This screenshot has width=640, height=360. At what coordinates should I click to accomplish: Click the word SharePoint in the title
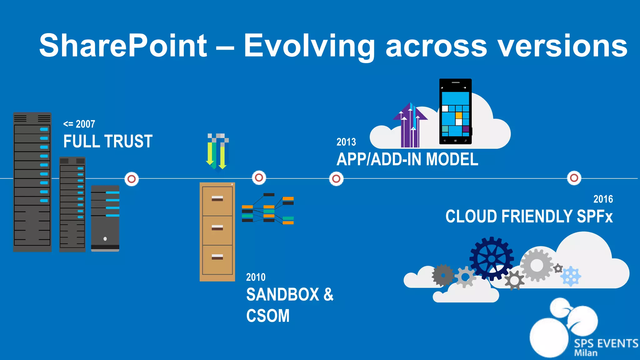click(123, 46)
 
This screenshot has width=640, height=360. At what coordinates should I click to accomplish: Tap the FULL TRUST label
click(108, 141)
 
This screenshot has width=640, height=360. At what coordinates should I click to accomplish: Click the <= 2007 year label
click(79, 124)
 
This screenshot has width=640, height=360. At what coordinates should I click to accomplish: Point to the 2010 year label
click(256, 277)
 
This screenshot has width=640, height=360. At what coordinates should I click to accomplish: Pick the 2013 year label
click(346, 142)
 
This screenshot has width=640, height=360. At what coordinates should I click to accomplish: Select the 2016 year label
click(603, 199)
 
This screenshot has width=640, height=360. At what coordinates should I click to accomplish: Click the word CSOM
click(268, 316)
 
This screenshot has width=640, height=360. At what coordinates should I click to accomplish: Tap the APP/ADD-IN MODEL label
click(407, 159)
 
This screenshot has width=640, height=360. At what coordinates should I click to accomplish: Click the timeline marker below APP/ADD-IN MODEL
click(336, 179)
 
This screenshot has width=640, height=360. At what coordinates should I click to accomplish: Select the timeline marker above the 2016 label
click(574, 178)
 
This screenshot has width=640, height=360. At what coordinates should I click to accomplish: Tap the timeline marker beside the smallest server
click(132, 179)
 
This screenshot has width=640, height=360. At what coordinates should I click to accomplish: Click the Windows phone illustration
click(455, 112)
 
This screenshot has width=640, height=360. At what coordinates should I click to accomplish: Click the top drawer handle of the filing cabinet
click(217, 198)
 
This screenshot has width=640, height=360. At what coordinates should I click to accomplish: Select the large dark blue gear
click(492, 258)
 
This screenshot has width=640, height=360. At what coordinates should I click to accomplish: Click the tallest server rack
click(32, 182)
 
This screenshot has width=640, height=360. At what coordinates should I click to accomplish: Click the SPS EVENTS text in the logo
click(606, 343)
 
